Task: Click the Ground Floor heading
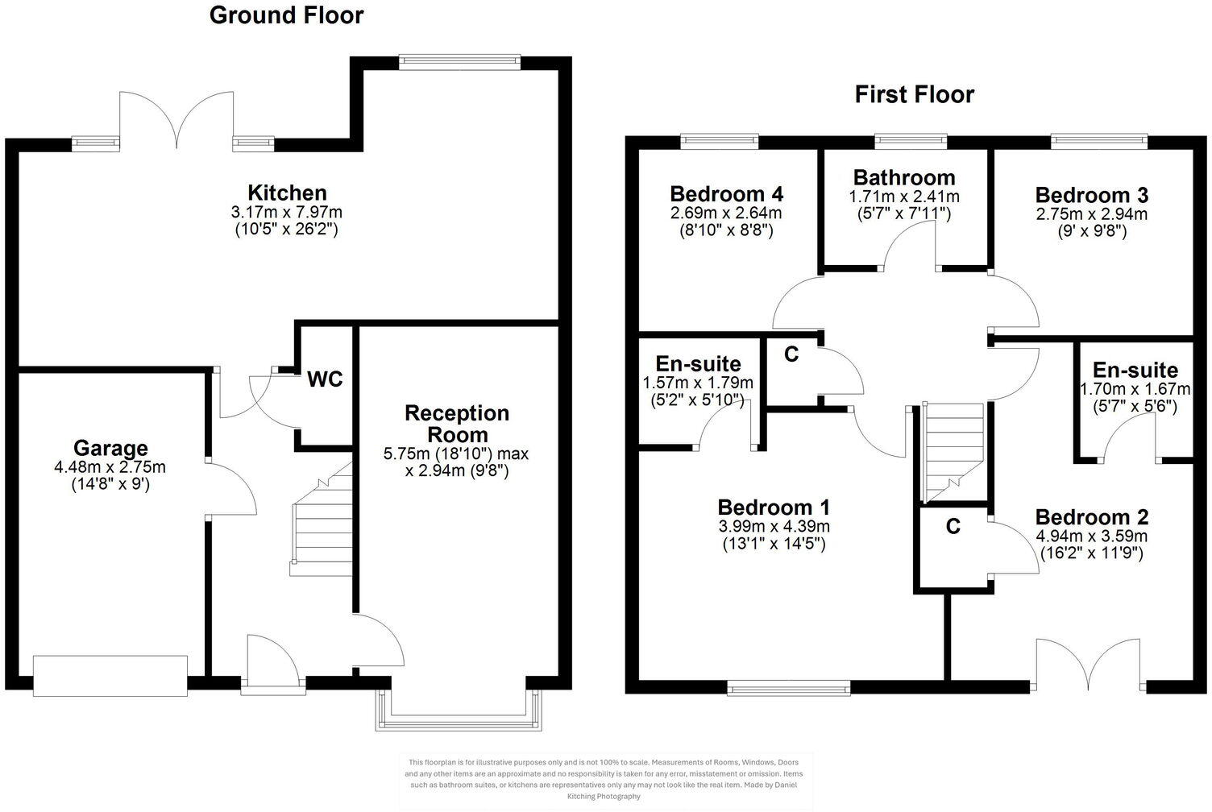286,15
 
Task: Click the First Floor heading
914,94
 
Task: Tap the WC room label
326,379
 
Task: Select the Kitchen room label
287,193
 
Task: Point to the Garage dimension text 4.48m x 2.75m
110,467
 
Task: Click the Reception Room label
456,424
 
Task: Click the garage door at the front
110,675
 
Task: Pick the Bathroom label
904,177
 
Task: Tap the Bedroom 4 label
726,194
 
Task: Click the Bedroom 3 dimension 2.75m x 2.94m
1091,214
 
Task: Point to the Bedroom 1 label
774,507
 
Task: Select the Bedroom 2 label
1091,517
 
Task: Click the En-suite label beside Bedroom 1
698,363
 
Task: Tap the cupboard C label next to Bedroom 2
953,526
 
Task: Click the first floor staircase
953,451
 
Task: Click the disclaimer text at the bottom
605,779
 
